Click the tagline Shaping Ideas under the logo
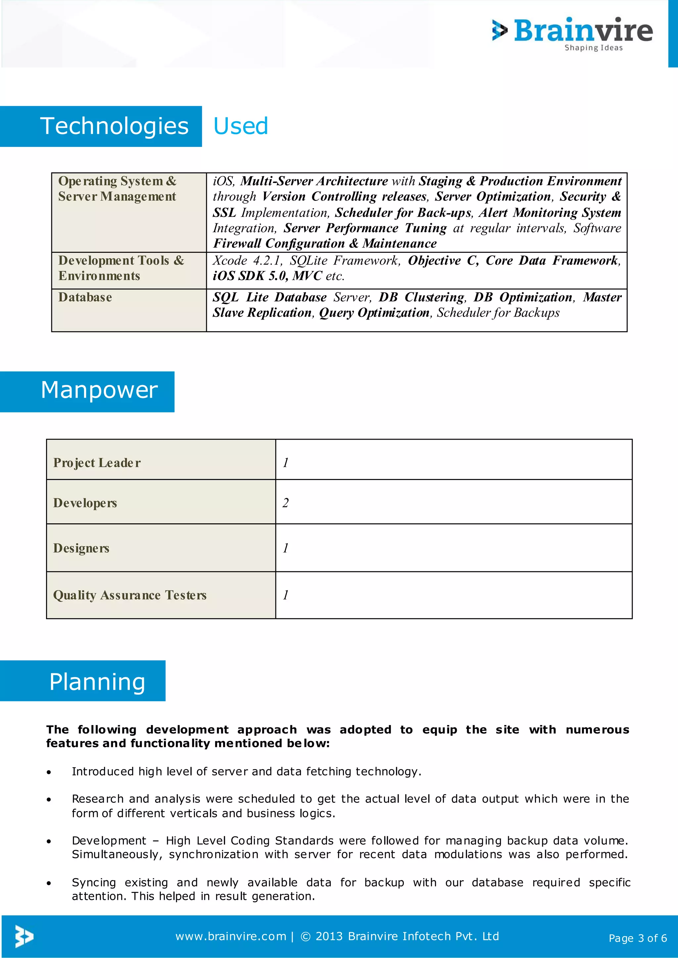click(593, 48)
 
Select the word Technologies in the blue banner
click(115, 126)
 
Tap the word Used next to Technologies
click(240, 126)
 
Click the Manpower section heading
click(99, 390)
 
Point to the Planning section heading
click(97, 682)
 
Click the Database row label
click(85, 297)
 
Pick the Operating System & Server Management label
click(117, 189)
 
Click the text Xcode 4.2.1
click(246, 260)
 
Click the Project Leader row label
click(97, 463)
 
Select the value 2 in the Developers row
click(286, 503)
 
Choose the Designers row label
click(81, 548)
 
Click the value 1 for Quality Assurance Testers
click(286, 595)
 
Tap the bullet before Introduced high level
click(49, 772)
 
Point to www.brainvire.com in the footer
click(230, 936)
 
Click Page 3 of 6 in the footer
click(638, 938)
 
